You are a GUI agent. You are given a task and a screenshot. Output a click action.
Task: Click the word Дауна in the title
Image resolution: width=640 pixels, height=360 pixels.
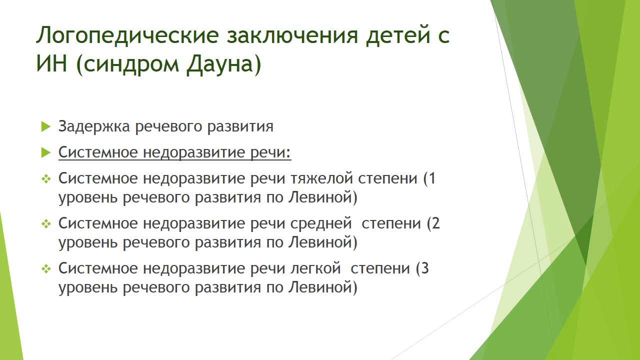(220, 64)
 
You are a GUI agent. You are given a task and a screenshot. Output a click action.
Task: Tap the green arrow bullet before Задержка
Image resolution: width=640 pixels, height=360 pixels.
(46, 126)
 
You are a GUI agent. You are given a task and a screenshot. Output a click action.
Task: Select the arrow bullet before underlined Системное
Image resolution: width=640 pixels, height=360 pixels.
(46, 152)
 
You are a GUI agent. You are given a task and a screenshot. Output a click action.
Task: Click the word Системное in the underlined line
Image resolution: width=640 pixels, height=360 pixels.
(98, 152)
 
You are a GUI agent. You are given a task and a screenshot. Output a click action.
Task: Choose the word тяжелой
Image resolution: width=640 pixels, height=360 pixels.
(321, 178)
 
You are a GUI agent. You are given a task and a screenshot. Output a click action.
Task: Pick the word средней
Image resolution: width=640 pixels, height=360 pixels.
(321, 223)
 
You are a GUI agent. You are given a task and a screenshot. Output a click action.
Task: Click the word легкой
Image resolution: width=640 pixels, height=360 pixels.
(315, 268)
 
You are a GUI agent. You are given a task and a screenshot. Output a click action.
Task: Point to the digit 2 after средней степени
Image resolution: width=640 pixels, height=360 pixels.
(435, 223)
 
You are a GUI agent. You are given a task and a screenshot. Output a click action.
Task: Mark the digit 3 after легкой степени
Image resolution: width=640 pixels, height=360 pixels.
(425, 268)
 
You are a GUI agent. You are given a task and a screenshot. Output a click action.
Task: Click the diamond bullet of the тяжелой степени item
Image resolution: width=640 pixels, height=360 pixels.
(46, 179)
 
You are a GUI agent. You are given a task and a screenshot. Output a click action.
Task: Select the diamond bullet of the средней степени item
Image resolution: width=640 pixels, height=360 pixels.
(46, 224)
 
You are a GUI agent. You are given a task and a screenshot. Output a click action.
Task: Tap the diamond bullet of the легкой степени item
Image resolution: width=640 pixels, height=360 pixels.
(46, 269)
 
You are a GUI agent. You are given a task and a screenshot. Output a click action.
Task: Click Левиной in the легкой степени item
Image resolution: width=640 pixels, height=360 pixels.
(319, 287)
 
